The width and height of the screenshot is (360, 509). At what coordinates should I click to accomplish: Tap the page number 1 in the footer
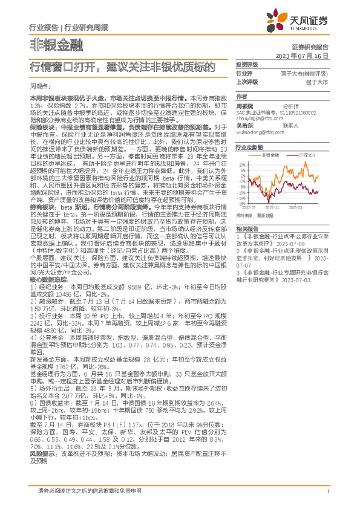tap(327, 491)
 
